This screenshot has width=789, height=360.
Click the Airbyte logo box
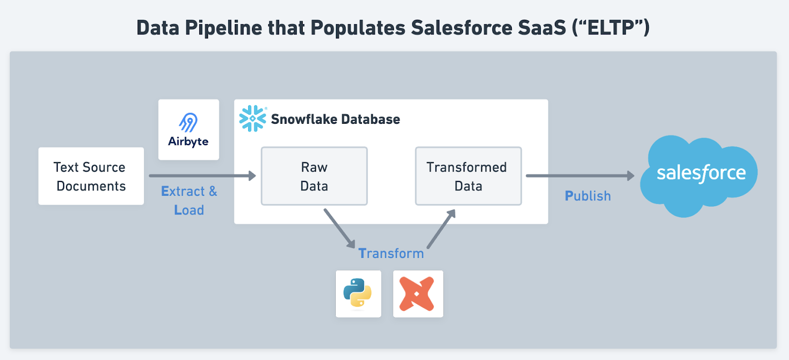pos(188,130)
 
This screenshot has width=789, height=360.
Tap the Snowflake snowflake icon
pos(252,119)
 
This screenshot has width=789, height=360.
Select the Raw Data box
pos(314,176)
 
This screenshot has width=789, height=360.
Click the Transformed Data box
pos(468,176)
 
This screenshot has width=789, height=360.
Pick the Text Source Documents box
pos(91,176)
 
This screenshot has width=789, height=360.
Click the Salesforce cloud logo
pos(698,176)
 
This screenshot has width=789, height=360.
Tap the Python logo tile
pos(358,294)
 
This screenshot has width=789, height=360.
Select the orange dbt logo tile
pos(418,294)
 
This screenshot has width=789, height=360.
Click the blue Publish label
pos(587,196)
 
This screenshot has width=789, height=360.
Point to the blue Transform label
pos(391,253)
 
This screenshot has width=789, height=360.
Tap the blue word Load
pos(189,210)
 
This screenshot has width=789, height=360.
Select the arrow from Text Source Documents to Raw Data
pos(203,176)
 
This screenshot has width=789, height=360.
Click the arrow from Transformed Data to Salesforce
pos(580,176)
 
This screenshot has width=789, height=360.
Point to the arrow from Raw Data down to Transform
pos(340,229)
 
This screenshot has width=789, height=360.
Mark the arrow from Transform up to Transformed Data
pos(441,229)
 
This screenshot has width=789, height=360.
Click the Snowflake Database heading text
pos(335,119)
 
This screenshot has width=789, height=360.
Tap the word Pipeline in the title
pos(224,28)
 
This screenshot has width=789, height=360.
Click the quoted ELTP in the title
pos(611,28)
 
